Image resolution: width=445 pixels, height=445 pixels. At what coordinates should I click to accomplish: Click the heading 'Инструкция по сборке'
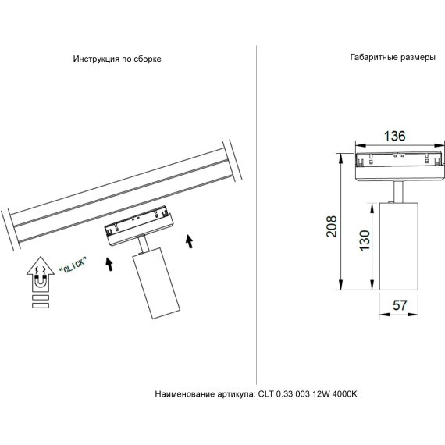(117, 59)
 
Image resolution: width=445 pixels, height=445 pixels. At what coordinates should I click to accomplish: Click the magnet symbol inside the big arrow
(38, 275)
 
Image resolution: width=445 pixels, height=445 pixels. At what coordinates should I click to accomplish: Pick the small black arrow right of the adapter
(189, 240)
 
